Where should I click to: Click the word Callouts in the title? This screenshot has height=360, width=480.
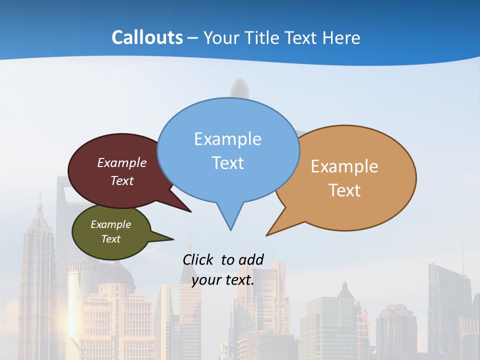[x=147, y=37]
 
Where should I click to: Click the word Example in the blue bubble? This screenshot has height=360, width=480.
[x=227, y=139]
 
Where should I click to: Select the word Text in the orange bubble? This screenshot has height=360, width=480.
[x=344, y=190]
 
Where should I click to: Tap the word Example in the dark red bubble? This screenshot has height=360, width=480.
[x=122, y=163]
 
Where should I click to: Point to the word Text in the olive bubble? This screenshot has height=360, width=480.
[x=111, y=239]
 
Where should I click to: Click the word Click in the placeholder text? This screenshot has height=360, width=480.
[x=198, y=259]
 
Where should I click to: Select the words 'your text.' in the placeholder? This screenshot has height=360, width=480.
[x=223, y=280]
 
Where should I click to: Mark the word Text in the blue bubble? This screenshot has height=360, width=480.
[x=228, y=163]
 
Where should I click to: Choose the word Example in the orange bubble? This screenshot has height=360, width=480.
[x=344, y=166]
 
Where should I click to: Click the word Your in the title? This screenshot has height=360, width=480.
[x=220, y=37]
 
